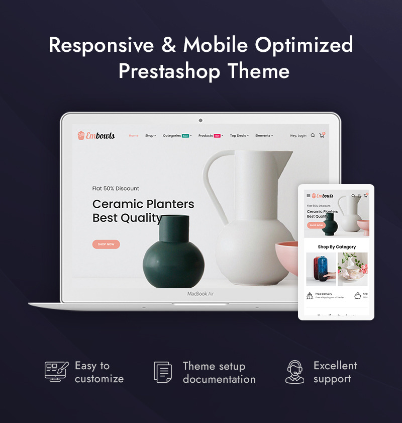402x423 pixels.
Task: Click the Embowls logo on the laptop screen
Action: pos(96,135)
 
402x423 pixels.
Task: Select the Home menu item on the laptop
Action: pos(133,135)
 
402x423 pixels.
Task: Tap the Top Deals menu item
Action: pos(239,135)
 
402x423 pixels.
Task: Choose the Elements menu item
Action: pos(264,135)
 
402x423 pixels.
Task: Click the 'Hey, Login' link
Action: pos(298,135)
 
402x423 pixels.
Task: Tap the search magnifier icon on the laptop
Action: pos(313,135)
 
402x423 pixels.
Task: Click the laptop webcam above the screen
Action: pos(200,120)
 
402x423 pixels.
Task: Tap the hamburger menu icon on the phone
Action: pos(309,196)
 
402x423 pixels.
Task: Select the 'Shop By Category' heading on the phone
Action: pos(337,247)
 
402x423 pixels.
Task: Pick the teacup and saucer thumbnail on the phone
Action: pos(352,269)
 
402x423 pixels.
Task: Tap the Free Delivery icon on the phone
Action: pos(310,296)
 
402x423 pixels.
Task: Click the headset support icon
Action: pos(294,372)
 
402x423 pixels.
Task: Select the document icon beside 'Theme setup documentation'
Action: pos(163,372)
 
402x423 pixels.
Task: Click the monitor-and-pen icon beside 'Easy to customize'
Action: pos(56,371)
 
